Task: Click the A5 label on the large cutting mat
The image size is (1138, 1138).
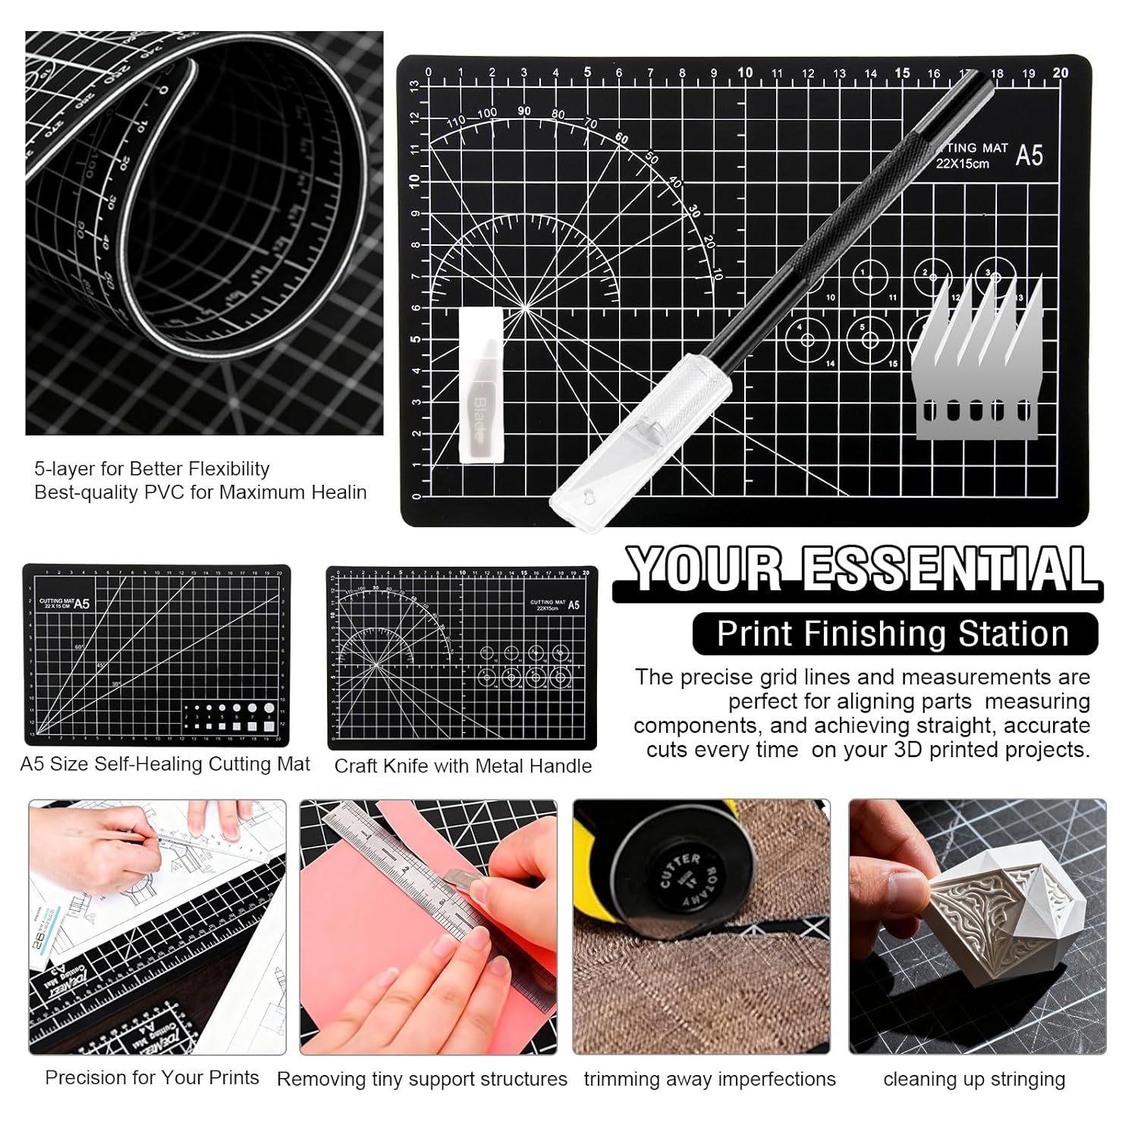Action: click(x=1029, y=156)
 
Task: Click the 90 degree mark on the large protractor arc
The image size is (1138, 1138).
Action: click(x=524, y=111)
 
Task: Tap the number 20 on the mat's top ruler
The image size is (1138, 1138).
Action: click(x=1061, y=73)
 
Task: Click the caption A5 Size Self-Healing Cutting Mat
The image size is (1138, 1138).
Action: click(x=165, y=764)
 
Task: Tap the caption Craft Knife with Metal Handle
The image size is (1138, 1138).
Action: click(x=463, y=766)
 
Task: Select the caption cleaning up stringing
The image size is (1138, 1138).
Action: click(x=974, y=1079)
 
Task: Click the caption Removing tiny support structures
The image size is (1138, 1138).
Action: click(x=422, y=1079)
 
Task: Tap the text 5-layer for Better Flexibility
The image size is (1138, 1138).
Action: click(x=152, y=468)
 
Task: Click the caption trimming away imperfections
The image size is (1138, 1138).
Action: click(x=709, y=1079)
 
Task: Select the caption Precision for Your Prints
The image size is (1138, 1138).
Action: click(x=152, y=1077)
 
